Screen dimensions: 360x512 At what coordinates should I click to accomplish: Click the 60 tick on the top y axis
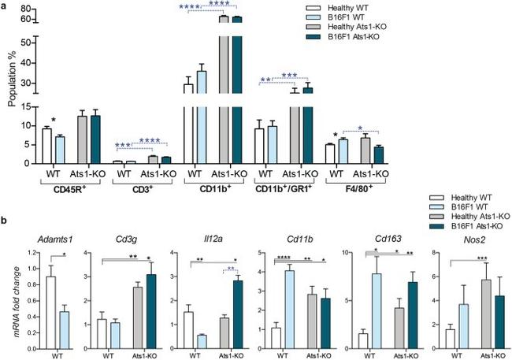pyautogui.click(x=29, y=18)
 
